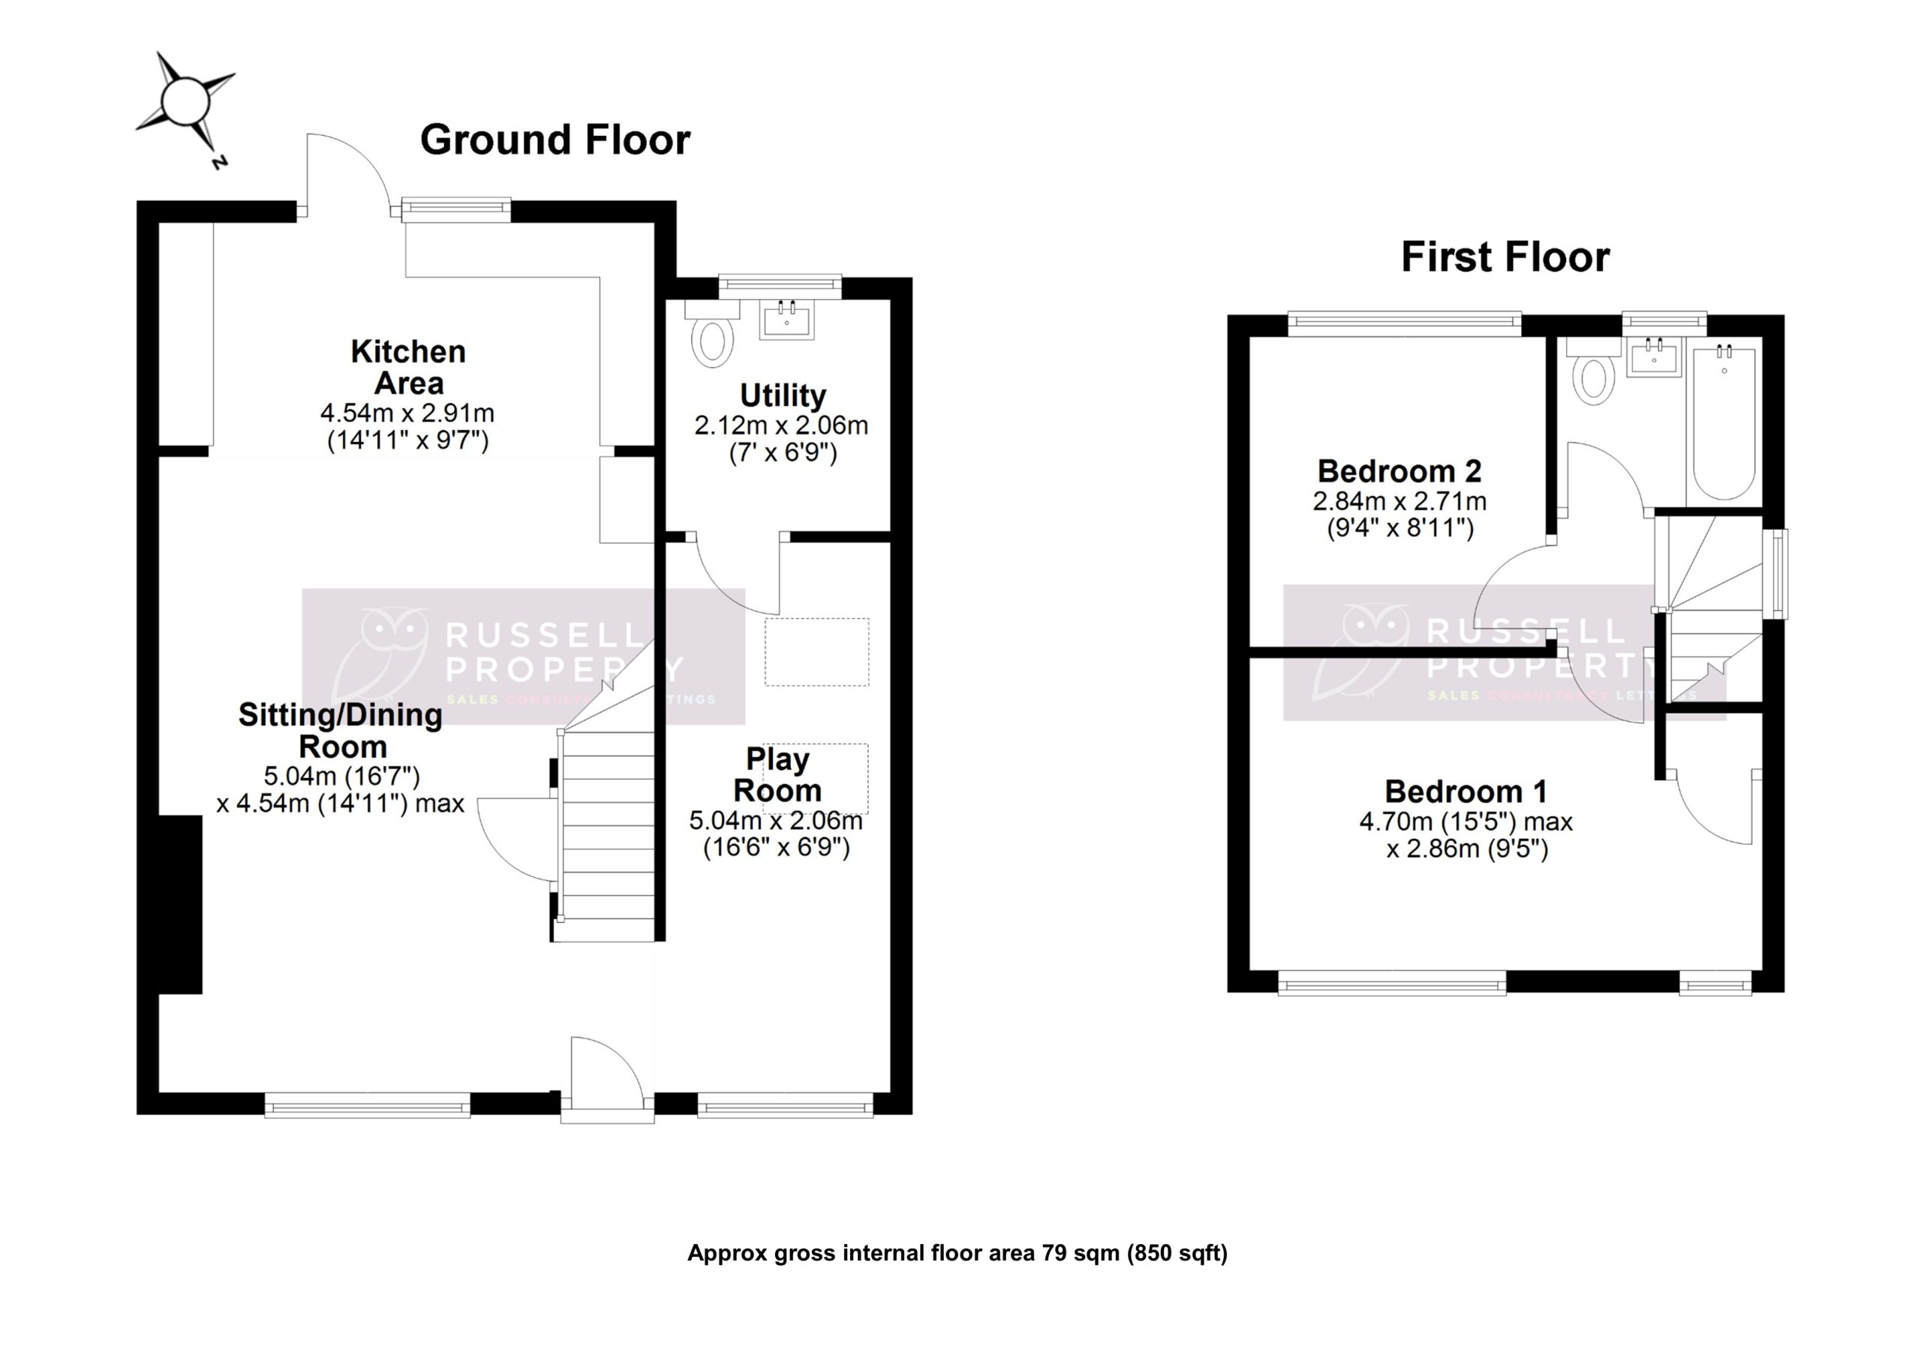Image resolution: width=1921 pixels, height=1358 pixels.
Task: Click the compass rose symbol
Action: coord(185,103)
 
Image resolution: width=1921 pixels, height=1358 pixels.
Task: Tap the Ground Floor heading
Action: coord(555,140)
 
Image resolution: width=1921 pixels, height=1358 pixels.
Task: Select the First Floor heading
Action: coord(1505,257)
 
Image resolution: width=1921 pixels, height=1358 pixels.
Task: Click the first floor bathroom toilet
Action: coord(1593,377)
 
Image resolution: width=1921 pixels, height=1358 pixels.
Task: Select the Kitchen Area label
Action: coord(408,366)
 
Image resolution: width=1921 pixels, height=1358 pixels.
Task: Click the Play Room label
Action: coord(777,774)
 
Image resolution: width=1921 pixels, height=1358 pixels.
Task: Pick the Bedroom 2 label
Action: coord(1399,471)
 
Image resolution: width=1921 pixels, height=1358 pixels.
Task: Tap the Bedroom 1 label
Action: coord(1466,791)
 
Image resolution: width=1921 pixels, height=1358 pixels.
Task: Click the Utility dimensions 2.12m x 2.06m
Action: coord(780,426)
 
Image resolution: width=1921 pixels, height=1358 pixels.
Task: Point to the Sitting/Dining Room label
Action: coord(341,729)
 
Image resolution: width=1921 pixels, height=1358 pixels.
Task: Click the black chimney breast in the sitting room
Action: coord(181,903)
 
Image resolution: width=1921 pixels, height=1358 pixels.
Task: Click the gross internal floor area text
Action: coord(957,1252)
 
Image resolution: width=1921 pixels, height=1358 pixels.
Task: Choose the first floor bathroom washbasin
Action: coord(1653,359)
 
